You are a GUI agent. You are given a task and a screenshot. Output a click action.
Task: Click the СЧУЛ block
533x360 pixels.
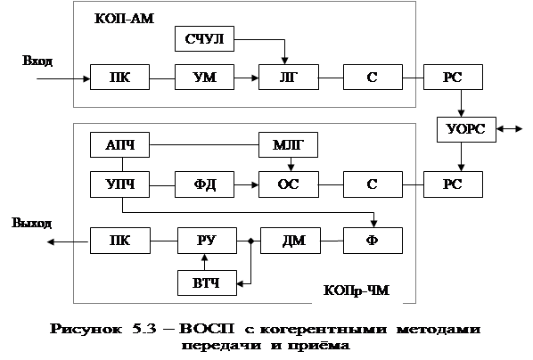[x=204, y=38]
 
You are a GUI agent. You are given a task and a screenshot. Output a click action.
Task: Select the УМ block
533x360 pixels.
[x=204, y=78]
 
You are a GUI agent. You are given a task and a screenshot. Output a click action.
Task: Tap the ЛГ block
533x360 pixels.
[x=289, y=78]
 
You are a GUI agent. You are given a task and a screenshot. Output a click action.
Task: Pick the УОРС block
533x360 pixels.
[x=466, y=129]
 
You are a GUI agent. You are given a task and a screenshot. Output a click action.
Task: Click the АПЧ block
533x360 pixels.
[x=119, y=145]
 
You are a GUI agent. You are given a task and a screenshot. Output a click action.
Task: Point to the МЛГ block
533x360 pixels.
[x=288, y=145]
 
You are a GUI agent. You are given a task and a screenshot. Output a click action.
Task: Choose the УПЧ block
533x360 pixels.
[x=119, y=184]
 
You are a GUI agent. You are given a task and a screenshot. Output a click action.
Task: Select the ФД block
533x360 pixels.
[x=204, y=184]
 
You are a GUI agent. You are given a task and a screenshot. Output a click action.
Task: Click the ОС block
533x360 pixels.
[x=289, y=184]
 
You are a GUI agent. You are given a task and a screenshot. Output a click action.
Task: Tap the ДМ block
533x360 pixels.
[x=291, y=241]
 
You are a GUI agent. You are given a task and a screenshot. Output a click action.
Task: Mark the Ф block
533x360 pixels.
[x=373, y=241]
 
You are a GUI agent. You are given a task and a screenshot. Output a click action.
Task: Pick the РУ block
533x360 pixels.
[x=207, y=241]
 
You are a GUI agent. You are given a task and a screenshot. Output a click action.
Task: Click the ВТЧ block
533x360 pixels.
[x=207, y=282]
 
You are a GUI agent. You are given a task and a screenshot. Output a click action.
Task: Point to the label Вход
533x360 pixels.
[x=37, y=61]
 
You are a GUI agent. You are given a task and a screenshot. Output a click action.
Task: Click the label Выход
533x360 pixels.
[x=32, y=224]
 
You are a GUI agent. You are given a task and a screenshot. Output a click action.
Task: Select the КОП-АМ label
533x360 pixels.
[x=124, y=19]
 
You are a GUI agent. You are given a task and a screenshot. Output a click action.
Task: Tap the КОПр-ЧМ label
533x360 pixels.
[x=357, y=290]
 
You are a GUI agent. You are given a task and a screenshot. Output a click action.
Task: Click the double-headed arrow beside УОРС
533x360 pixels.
[x=509, y=129]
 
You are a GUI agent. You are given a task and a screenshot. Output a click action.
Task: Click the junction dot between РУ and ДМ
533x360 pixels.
[x=250, y=241]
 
